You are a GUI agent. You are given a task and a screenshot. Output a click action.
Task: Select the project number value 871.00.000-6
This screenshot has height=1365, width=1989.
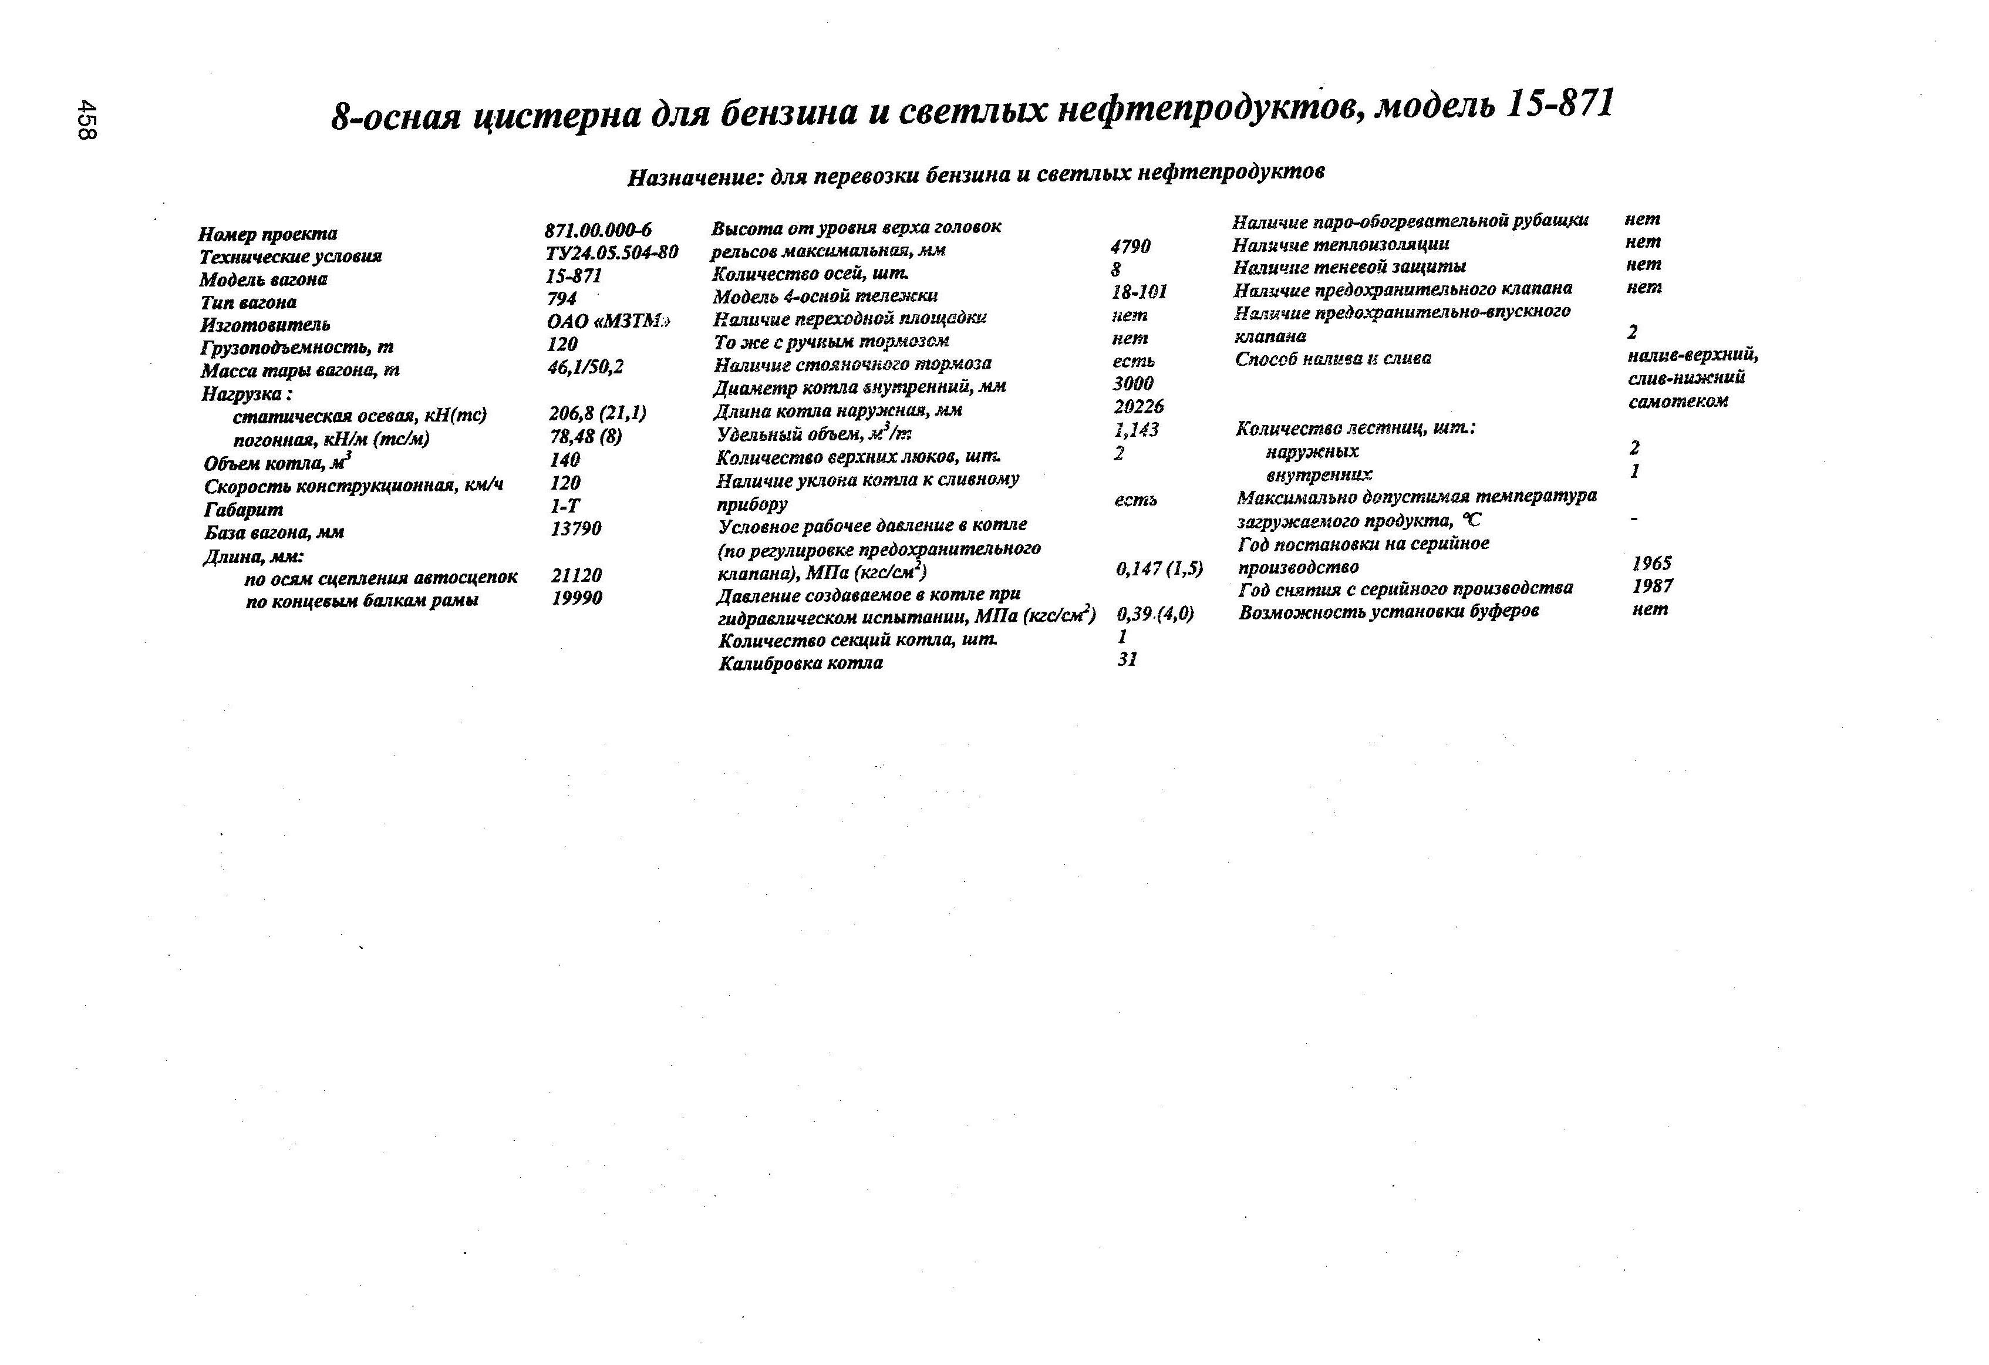pos(598,230)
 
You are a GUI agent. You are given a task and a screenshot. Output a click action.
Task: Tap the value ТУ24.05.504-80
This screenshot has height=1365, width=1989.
pos(611,252)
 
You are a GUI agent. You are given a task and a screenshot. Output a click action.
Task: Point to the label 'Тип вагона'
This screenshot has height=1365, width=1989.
pos(248,302)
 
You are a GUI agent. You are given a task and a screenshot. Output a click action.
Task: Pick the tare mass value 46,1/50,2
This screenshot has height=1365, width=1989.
pos(586,366)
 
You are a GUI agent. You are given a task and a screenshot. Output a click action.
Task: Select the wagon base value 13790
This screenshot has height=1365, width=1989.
pos(576,529)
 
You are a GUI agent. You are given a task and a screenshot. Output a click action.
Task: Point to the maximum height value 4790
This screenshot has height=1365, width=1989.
pos(1131,247)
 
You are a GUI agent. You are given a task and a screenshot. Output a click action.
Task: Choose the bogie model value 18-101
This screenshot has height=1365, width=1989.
pos(1139,292)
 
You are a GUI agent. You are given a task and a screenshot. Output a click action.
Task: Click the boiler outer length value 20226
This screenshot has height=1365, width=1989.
pos(1138,406)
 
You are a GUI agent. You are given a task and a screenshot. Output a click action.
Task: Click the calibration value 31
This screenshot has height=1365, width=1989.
pos(1127,659)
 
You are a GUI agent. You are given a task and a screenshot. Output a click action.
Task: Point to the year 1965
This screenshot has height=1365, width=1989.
pos(1652,563)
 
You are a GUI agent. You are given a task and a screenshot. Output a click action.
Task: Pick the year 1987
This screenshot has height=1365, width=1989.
pos(1653,587)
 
